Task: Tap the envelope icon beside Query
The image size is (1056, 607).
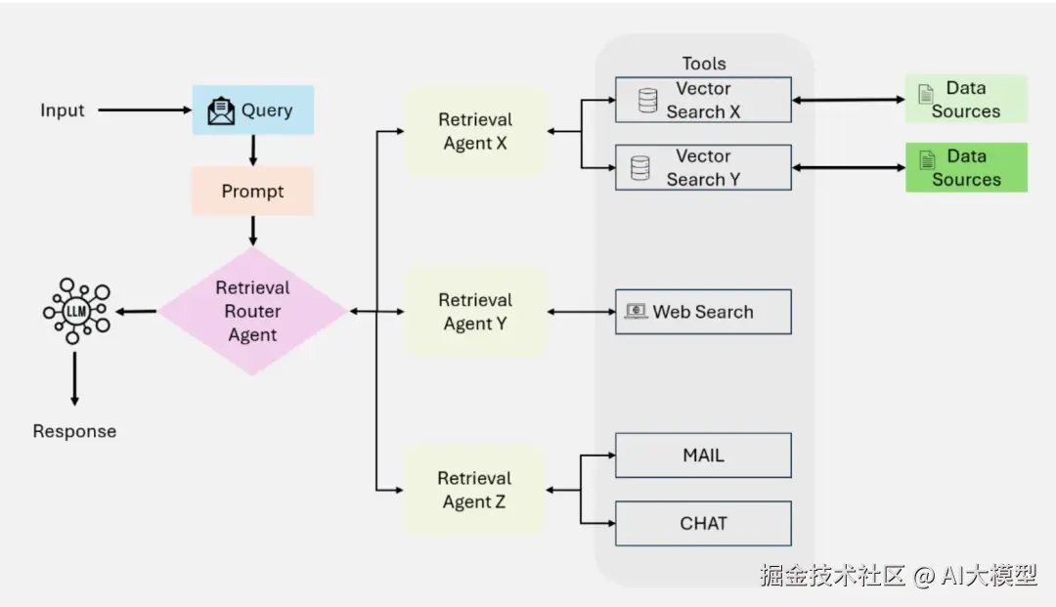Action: (222, 110)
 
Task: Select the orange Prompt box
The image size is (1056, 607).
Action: (252, 191)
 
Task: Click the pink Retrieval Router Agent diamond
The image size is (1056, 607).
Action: (252, 311)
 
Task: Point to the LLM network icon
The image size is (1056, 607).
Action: (76, 311)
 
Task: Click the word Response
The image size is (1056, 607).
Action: (74, 431)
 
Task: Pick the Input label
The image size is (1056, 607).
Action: (63, 110)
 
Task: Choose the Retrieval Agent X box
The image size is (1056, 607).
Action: (475, 132)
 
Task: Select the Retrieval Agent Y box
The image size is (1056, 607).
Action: (475, 312)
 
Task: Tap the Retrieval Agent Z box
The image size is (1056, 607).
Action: (475, 490)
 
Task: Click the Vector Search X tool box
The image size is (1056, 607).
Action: (702, 100)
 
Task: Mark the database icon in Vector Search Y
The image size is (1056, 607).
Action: (640, 168)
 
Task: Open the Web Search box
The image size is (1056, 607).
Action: (702, 312)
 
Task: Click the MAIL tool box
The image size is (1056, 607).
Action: (702, 455)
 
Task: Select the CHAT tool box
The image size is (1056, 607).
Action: (702, 523)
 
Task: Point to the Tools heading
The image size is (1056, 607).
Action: (704, 64)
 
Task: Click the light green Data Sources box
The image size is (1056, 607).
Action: (966, 99)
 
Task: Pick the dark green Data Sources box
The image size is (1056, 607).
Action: (966, 167)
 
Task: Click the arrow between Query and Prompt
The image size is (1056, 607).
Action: (253, 150)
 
